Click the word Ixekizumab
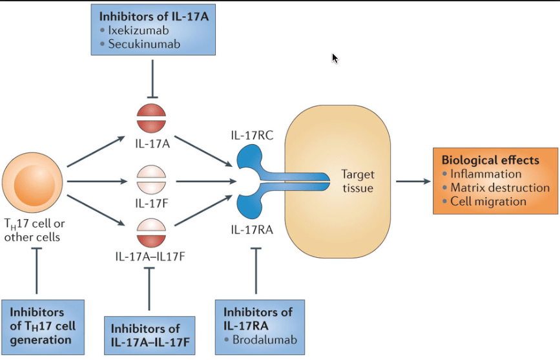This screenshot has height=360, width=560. (x=138, y=30)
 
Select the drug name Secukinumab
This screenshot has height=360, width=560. (x=144, y=44)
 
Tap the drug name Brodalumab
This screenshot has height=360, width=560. (x=265, y=339)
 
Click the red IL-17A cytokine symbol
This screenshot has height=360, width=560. (x=151, y=118)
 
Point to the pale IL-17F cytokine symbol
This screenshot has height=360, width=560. (x=151, y=179)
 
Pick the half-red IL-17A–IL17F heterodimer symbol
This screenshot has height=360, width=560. (x=151, y=233)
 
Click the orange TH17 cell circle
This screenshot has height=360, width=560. (x=32, y=182)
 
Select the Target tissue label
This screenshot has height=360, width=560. (x=358, y=181)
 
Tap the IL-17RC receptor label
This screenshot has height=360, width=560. (x=252, y=135)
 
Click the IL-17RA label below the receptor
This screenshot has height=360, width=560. (x=252, y=229)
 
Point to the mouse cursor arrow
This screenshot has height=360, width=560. (x=335, y=58)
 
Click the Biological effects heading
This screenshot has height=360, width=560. (x=490, y=160)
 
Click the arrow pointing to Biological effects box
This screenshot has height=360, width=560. (x=413, y=181)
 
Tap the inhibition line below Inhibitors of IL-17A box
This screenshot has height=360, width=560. (x=153, y=79)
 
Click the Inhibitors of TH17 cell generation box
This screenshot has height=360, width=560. (x=43, y=327)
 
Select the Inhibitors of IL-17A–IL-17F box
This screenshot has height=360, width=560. (x=150, y=335)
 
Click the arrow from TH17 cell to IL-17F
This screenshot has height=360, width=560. (x=97, y=181)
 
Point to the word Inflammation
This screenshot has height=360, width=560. (x=486, y=174)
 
